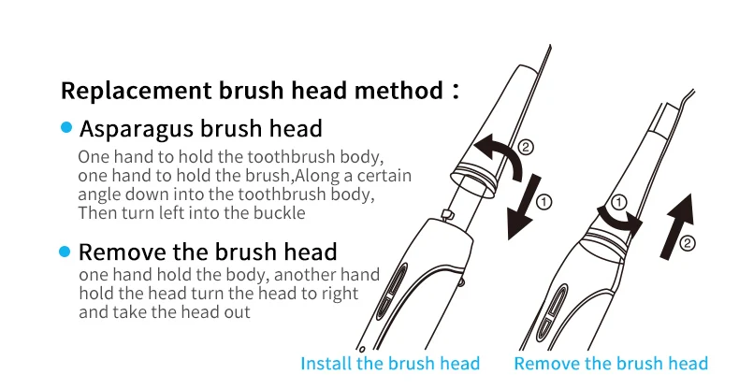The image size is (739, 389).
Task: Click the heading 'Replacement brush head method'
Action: click(253, 90)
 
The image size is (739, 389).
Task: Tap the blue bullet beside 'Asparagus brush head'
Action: click(66, 127)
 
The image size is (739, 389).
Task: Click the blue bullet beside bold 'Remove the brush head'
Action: click(65, 252)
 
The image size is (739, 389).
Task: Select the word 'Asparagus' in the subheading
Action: click(137, 129)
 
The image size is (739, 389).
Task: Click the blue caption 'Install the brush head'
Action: click(390, 364)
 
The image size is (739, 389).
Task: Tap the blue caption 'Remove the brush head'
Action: click(611, 364)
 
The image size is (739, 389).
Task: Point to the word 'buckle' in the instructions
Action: click(280, 213)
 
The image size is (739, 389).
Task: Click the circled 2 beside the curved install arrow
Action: click(526, 147)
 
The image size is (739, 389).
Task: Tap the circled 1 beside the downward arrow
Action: click(543, 202)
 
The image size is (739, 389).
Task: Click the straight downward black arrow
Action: click(524, 208)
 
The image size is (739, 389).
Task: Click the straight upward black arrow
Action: click(678, 226)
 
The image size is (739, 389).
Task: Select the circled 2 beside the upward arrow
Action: click(688, 243)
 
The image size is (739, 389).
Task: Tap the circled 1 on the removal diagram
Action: click(619, 203)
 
